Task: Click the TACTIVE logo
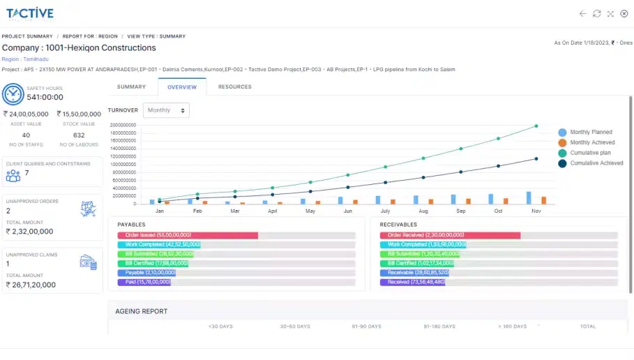tap(29, 13)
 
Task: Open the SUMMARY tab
tap(131, 87)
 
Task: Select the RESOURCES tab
tap(234, 87)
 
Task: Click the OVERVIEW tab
tap(182, 87)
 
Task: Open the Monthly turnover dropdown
tap(166, 110)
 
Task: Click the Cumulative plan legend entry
tap(590, 153)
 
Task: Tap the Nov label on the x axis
tap(536, 211)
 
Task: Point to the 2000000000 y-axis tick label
tap(122, 125)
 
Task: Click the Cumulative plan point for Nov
tap(536, 126)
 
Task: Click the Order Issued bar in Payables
tap(188, 236)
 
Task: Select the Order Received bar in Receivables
tap(450, 236)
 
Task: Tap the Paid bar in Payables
tap(145, 283)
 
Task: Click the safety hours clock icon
tap(13, 93)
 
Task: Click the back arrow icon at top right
tap(583, 14)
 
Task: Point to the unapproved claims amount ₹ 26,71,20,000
tap(31, 285)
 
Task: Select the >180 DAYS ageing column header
tap(512, 327)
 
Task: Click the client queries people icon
tap(13, 175)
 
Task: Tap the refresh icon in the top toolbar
tap(597, 14)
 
